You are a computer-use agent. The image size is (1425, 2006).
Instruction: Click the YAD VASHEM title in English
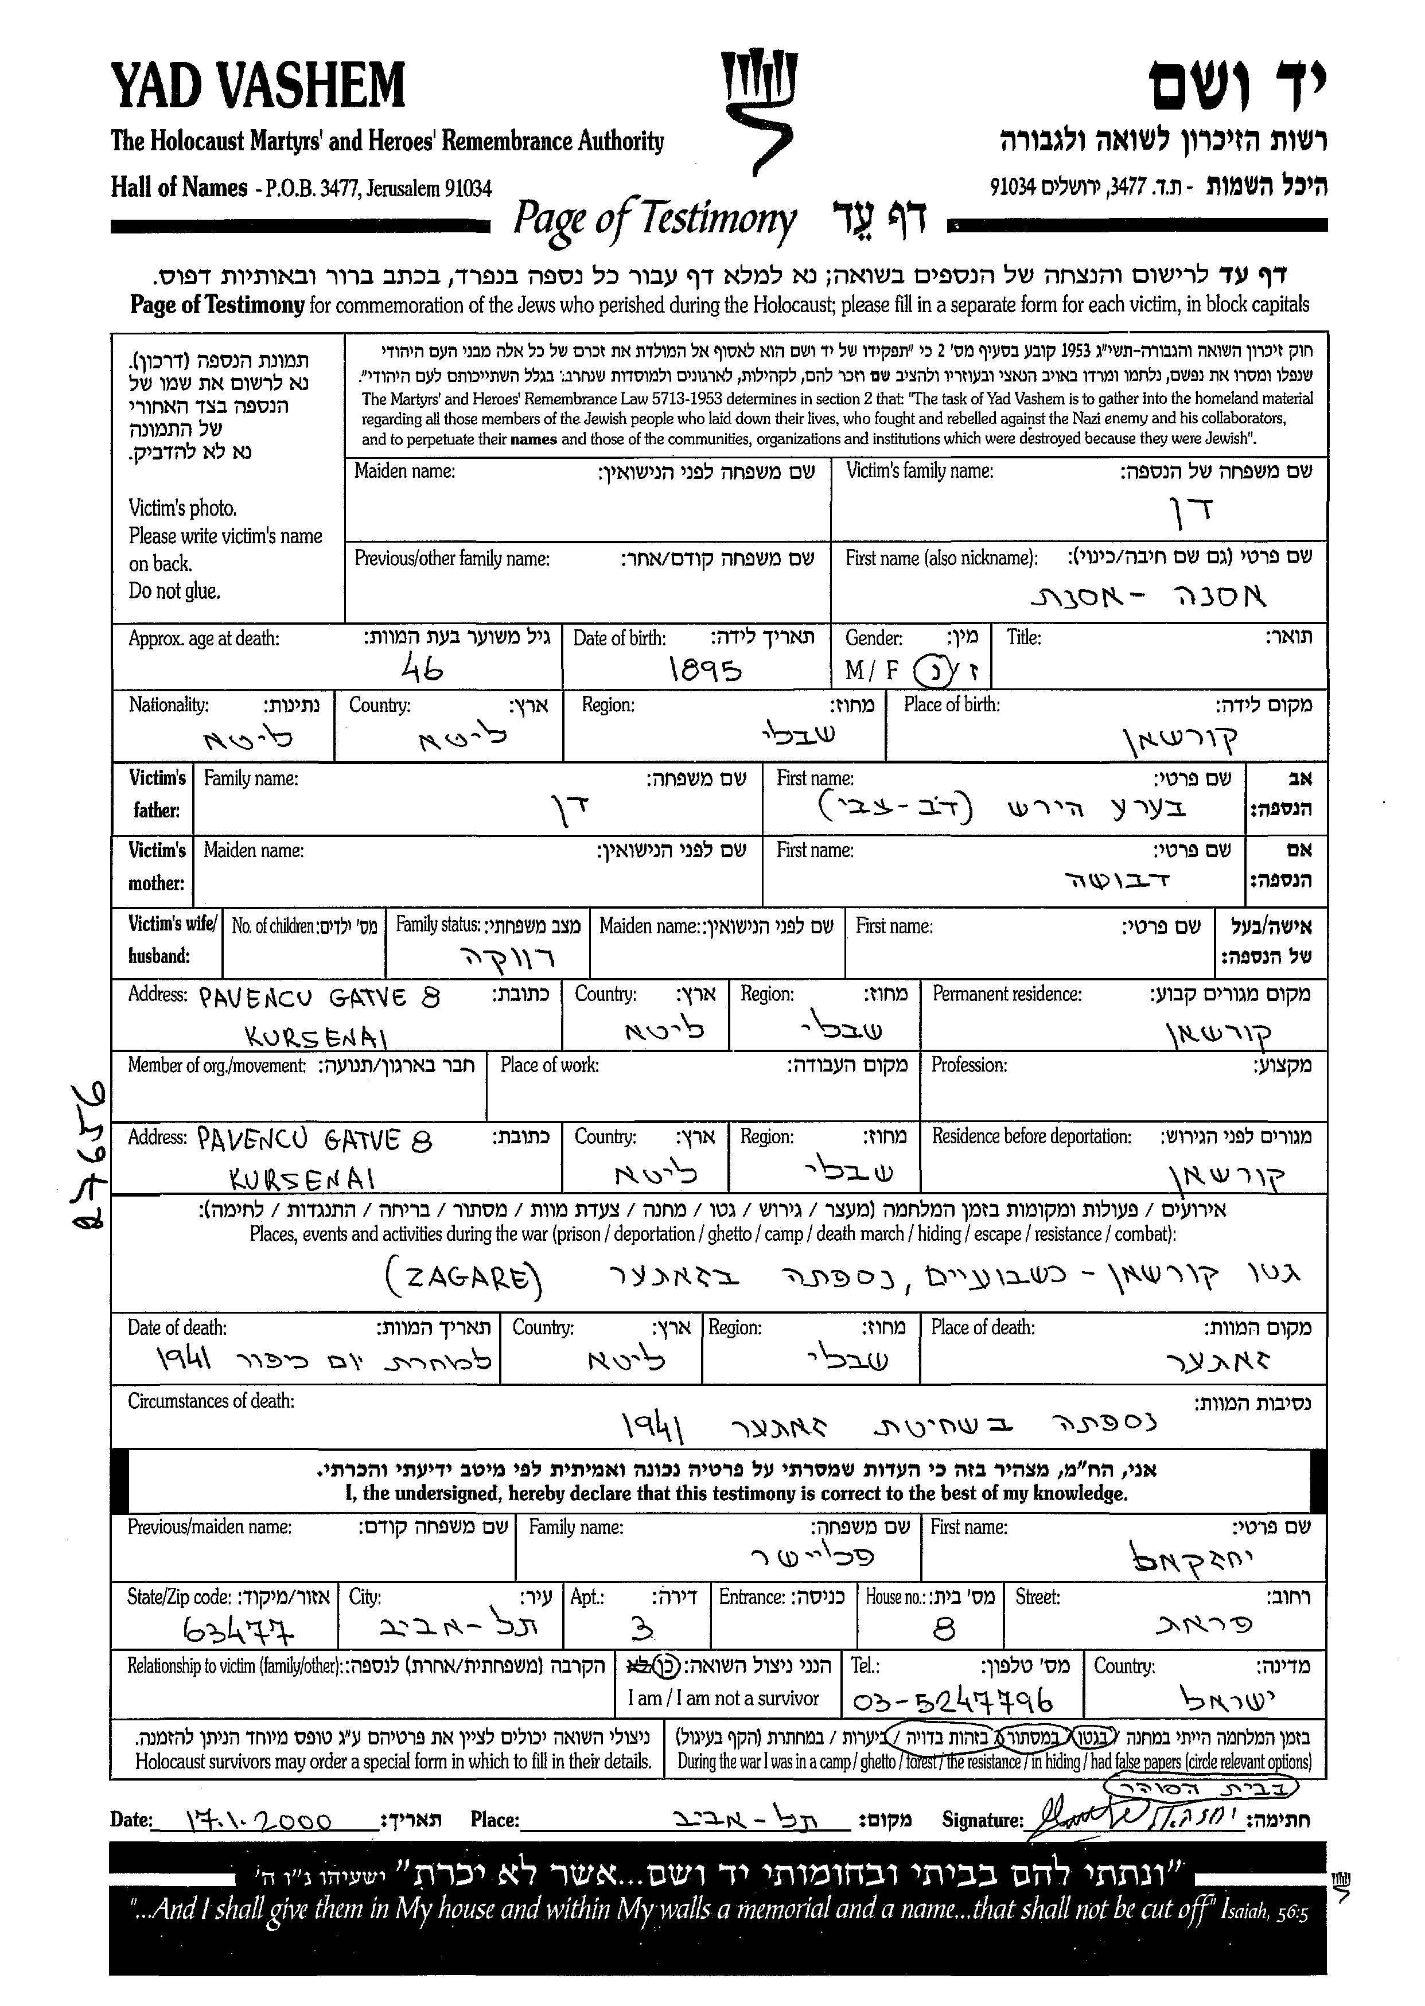(x=258, y=86)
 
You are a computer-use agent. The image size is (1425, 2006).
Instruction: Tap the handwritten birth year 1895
(x=704, y=671)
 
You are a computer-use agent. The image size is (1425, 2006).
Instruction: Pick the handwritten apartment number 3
(x=643, y=1630)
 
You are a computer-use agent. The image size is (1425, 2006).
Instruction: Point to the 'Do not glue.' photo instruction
(x=174, y=591)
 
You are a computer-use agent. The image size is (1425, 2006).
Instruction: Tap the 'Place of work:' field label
(x=550, y=1065)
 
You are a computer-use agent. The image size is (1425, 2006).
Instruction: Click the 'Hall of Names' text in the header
(x=179, y=187)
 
